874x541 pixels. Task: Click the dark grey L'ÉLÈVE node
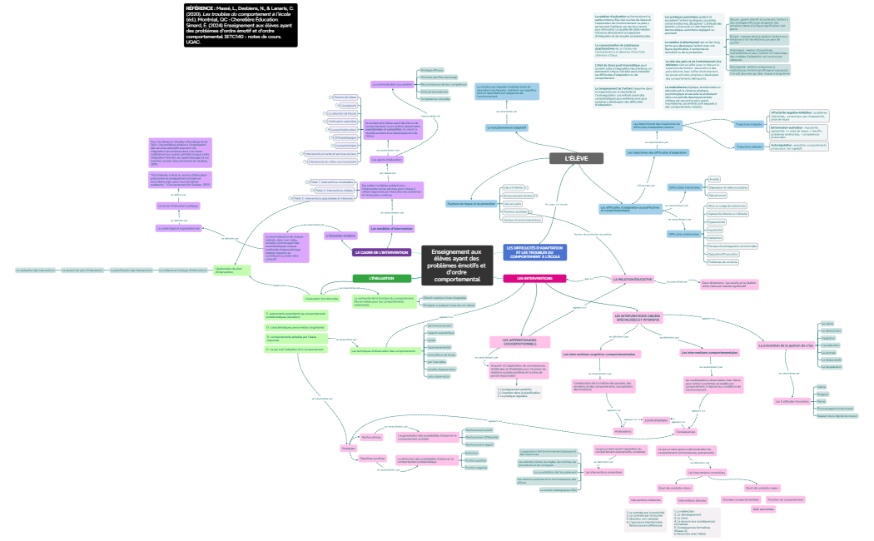point(575,158)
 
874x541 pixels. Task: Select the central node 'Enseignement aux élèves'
point(457,265)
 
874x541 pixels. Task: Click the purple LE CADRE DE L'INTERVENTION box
point(381,252)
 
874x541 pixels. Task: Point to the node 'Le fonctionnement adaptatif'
point(508,127)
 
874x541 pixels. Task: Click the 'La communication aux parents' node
point(392,84)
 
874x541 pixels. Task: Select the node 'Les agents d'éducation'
point(389,159)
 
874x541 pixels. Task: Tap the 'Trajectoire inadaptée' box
point(749,124)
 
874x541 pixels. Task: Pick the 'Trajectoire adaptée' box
point(749,146)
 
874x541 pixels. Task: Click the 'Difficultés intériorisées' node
point(683,187)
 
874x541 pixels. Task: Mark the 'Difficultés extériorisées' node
point(683,234)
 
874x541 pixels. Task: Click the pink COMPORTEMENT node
point(656,420)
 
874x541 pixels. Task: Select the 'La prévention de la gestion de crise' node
point(786,345)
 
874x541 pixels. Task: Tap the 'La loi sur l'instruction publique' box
point(178,205)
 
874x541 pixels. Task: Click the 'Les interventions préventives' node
point(603,472)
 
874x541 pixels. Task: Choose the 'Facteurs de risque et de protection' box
point(471,203)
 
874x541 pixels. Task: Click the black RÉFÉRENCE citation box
point(240,23)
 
